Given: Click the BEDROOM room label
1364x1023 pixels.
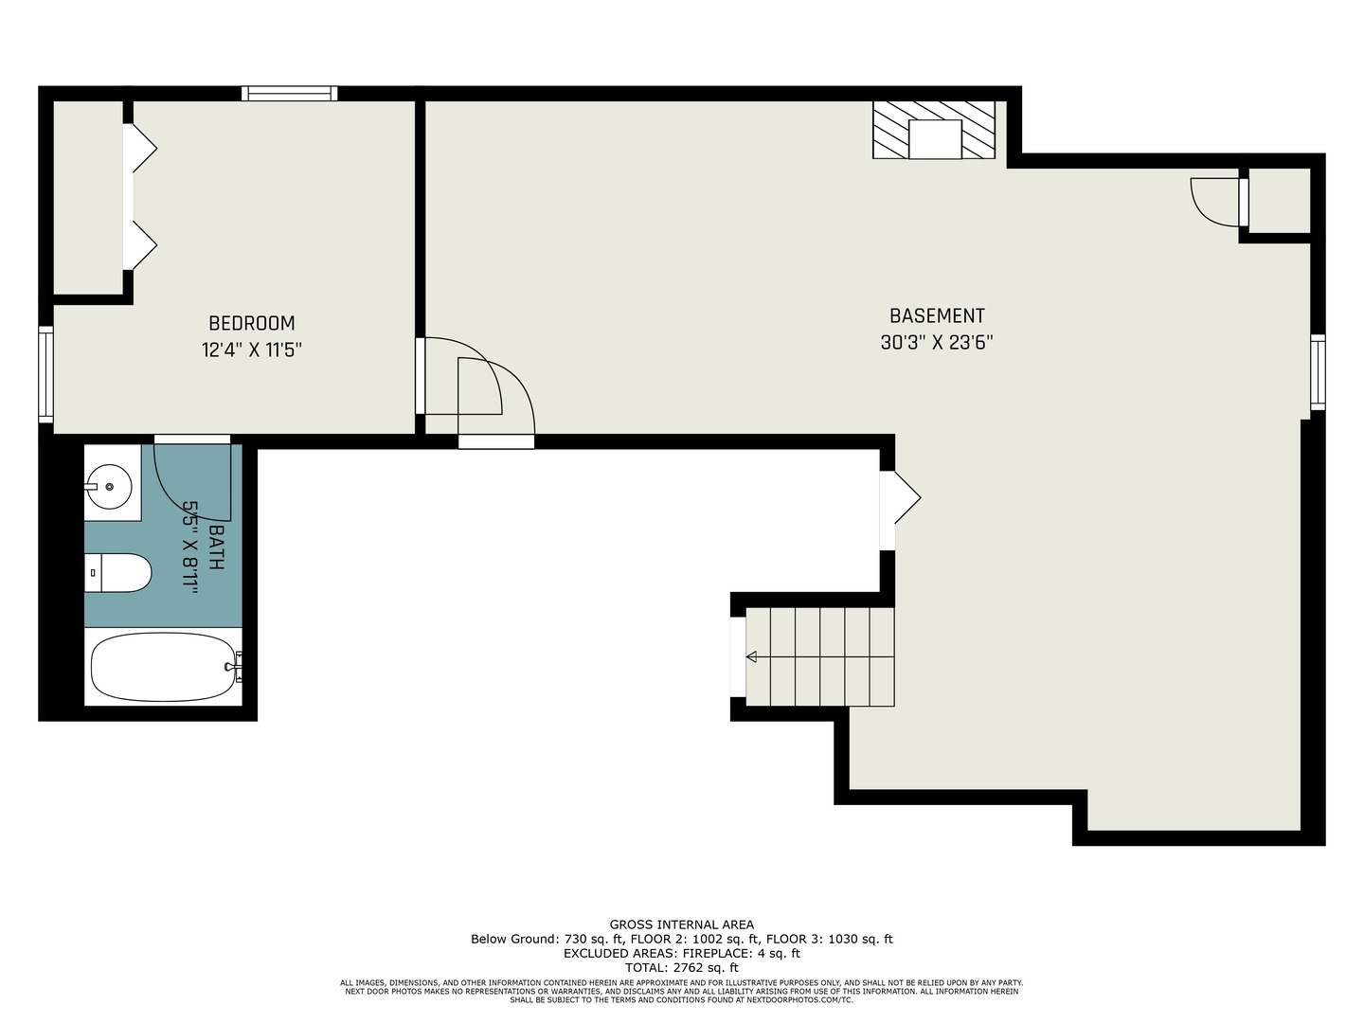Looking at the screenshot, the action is tap(252, 323).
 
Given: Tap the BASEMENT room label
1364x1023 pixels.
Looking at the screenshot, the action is tap(937, 315).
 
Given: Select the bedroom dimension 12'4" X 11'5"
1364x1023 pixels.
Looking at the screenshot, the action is tap(252, 350).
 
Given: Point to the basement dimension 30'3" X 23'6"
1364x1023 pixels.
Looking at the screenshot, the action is tap(937, 342).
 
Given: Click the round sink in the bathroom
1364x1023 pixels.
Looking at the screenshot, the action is tap(110, 486).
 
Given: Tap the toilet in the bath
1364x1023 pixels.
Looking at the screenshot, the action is tap(118, 573).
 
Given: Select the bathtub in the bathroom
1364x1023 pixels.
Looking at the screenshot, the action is tap(164, 667).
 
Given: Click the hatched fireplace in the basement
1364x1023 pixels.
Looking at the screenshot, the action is tap(934, 130).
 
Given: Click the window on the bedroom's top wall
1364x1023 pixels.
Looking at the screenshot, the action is tap(290, 93).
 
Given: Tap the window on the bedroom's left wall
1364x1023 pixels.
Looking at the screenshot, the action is tap(46, 374).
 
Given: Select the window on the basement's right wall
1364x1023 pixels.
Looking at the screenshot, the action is tap(1318, 372).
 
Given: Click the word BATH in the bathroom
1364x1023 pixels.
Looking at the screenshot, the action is tap(216, 547).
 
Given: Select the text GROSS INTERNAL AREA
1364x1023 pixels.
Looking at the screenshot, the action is tap(682, 924).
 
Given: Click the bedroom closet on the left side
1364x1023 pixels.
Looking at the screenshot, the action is tap(88, 197).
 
